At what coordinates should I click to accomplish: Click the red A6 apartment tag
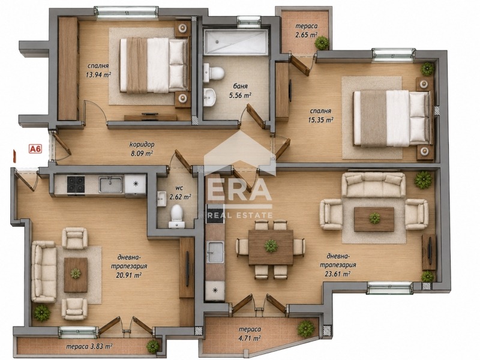[x=35, y=149]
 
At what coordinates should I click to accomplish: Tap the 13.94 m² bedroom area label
[x=98, y=70]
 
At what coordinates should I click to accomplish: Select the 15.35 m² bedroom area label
[x=320, y=115]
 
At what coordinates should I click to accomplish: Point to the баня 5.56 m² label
[x=240, y=91]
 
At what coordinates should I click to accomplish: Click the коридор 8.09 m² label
[x=142, y=149]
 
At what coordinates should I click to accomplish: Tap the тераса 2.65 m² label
[x=306, y=31]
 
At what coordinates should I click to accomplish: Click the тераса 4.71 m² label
[x=250, y=334]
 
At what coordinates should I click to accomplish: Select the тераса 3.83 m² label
[x=89, y=347]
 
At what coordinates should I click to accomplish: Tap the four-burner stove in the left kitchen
[x=76, y=184]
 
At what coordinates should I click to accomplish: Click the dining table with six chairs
[x=271, y=247]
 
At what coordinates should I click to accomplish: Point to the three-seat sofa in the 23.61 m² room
[x=373, y=184]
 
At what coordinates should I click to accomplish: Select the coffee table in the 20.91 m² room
[x=76, y=275]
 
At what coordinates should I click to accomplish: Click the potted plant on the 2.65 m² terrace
[x=322, y=43]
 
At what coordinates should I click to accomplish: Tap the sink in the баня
[x=209, y=97]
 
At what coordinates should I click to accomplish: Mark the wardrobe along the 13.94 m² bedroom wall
[x=68, y=68]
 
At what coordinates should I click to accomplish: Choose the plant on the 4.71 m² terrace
[x=305, y=328]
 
